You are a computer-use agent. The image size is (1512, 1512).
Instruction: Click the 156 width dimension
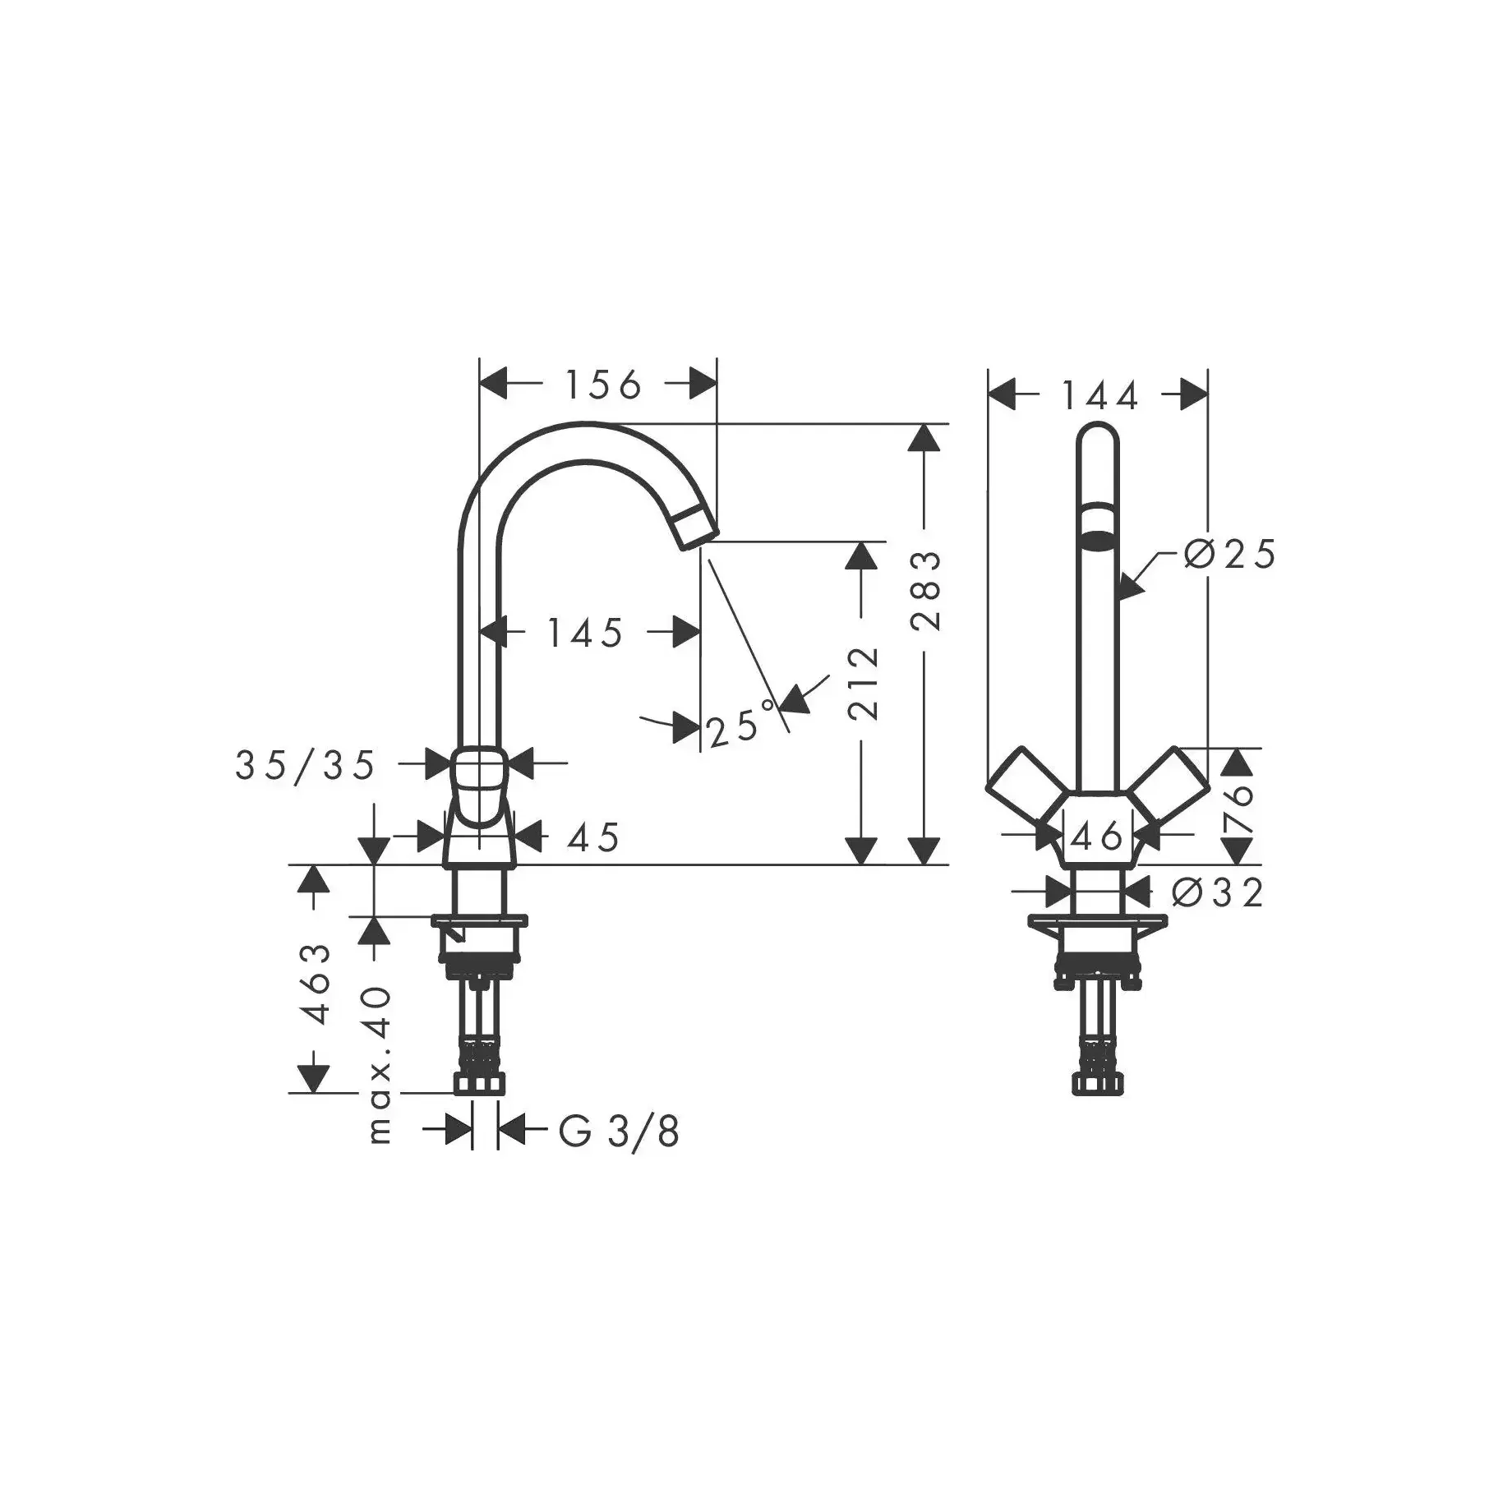click(x=602, y=384)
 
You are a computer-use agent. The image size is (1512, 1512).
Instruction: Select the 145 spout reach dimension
click(x=585, y=632)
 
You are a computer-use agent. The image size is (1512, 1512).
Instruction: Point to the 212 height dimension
click(x=863, y=684)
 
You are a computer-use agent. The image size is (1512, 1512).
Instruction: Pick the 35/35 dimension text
click(x=305, y=766)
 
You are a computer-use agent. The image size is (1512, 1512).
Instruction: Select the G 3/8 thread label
click(x=619, y=1132)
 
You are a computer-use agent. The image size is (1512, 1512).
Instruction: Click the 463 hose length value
click(x=316, y=984)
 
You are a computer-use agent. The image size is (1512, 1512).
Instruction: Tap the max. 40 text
click(x=379, y=1065)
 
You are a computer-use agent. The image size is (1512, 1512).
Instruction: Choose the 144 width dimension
click(x=1099, y=396)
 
